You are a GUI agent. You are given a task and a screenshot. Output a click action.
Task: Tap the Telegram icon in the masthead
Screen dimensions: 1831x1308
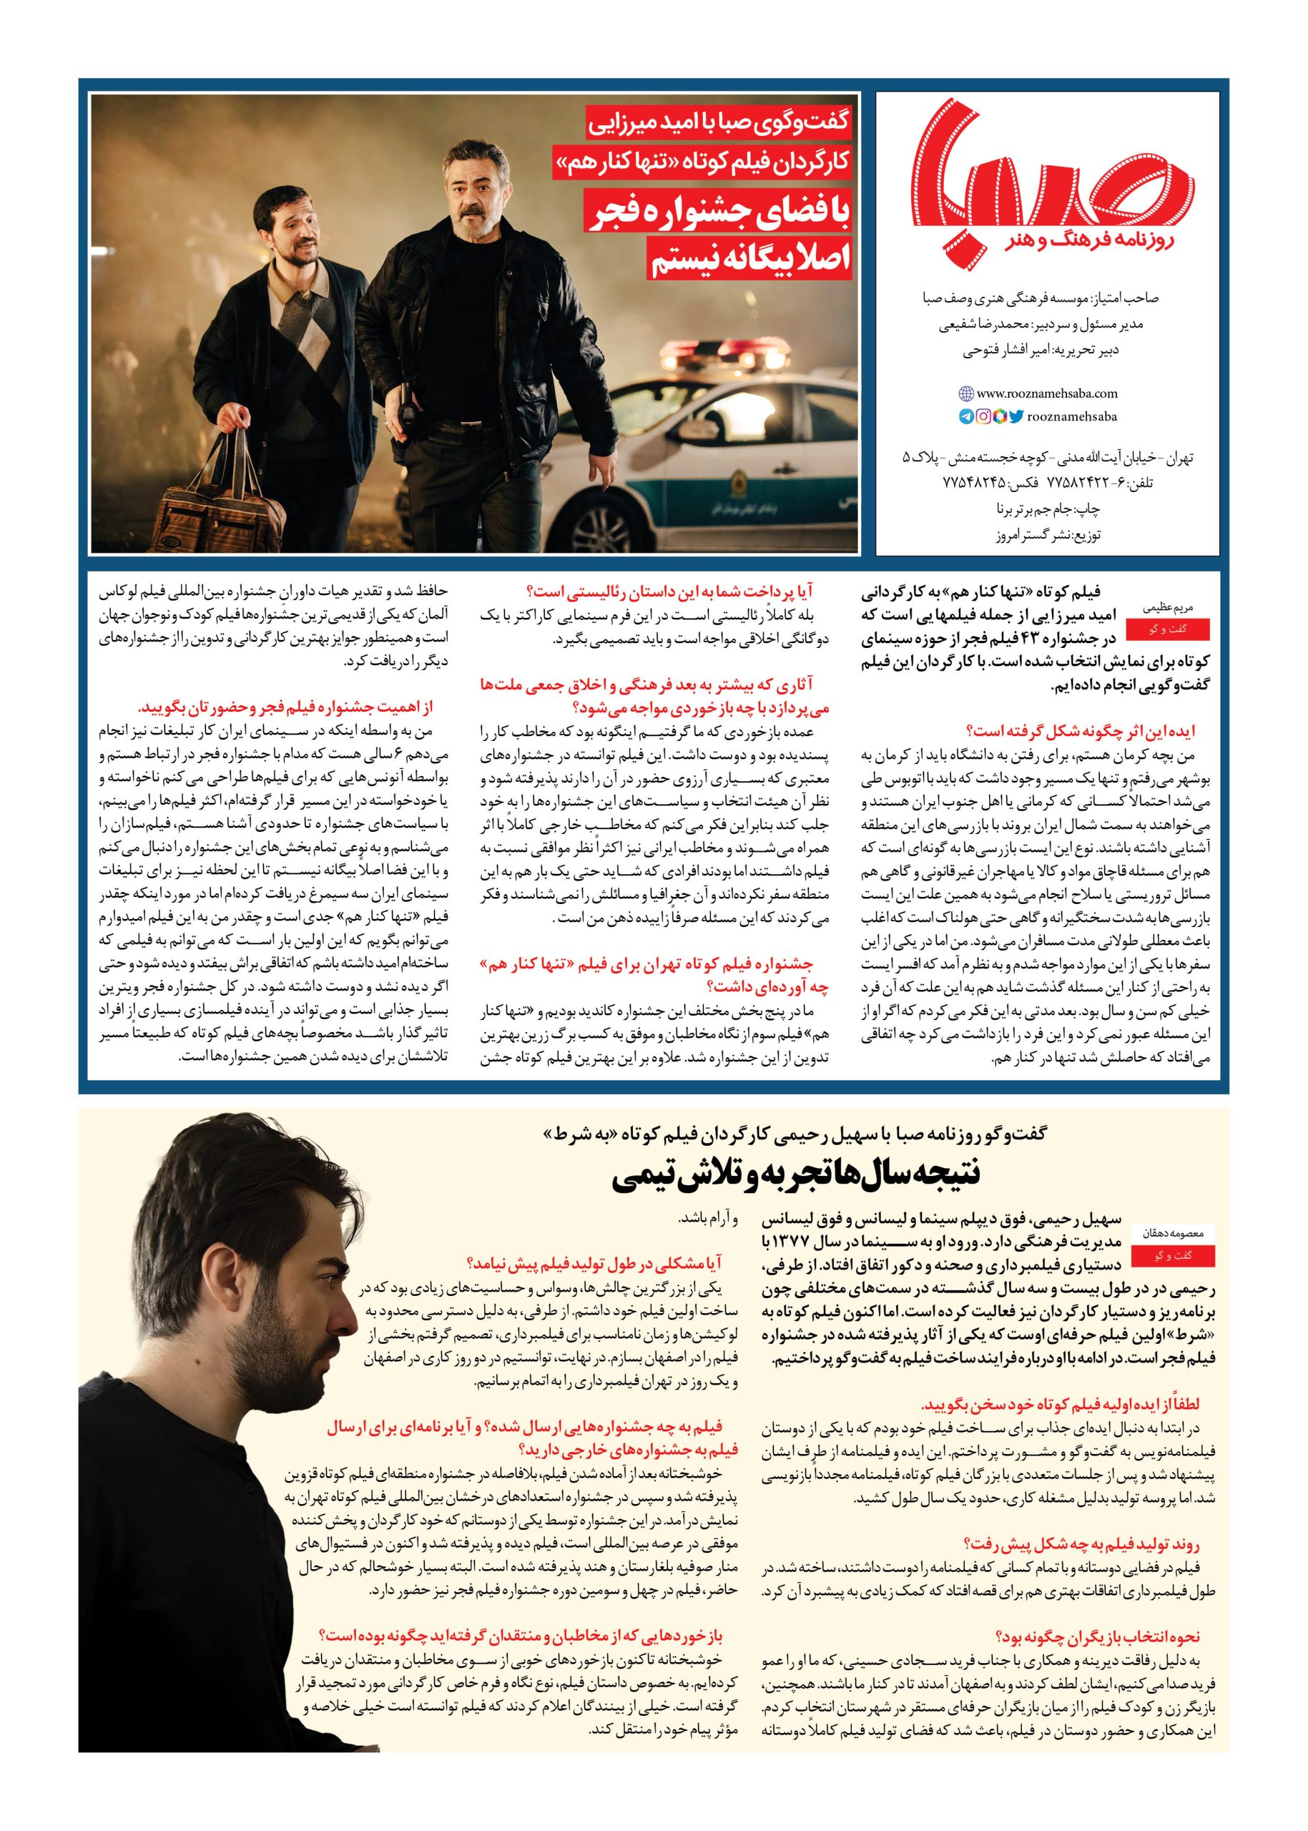965,416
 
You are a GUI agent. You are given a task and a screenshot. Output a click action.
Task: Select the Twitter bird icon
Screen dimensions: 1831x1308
1016,416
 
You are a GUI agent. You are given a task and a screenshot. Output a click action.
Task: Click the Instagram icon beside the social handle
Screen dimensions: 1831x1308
983,416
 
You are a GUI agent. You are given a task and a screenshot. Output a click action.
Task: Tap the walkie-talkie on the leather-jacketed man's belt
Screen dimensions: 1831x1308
408,414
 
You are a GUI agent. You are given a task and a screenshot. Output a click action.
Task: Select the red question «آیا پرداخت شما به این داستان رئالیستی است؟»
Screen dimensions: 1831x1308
664,592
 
